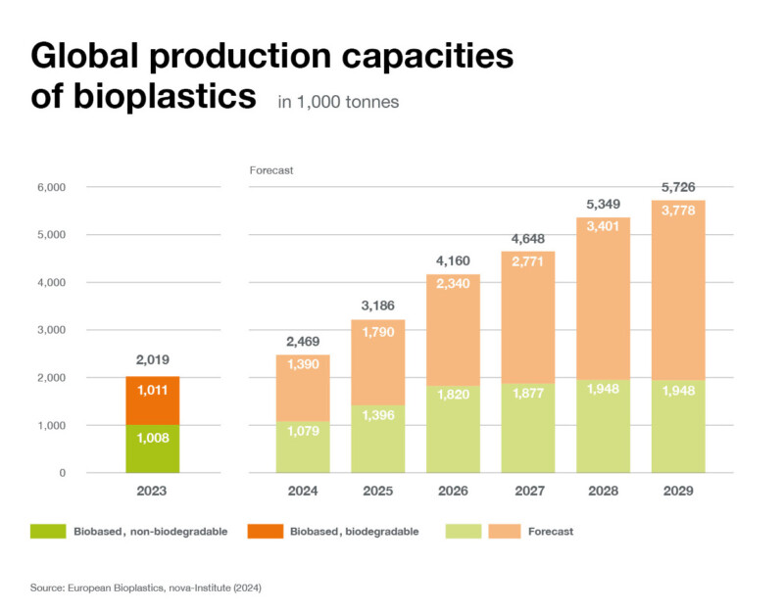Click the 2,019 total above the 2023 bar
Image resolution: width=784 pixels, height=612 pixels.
[153, 360]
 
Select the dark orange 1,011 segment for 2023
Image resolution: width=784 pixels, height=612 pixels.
[153, 389]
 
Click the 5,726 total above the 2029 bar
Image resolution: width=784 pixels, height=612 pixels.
[678, 186]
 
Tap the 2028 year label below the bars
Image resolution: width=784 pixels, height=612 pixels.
[603, 491]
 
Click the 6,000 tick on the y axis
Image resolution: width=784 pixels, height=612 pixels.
[49, 187]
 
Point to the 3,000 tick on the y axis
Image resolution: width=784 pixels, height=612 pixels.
[49, 330]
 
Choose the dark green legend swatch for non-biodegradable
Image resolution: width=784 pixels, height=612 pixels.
[46, 531]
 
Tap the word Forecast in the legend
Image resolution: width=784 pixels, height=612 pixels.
[550, 532]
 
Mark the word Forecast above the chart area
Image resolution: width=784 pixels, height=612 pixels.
[271, 170]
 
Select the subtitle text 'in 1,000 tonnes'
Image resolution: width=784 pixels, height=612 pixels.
[338, 102]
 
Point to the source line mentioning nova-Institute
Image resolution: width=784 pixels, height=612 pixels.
[146, 588]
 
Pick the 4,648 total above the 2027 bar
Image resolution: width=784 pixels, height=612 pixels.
[527, 238]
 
